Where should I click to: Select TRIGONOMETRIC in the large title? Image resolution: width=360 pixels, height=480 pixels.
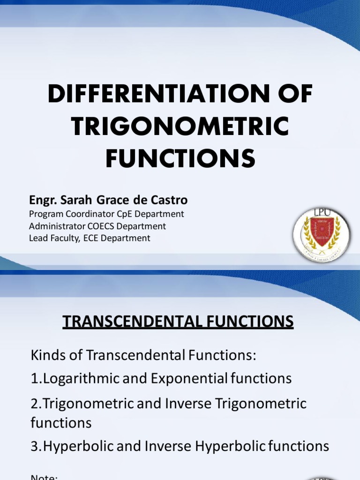pos(180,127)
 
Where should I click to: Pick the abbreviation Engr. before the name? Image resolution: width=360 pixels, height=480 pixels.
pos(42,200)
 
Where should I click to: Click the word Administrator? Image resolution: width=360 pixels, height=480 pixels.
pos(55,226)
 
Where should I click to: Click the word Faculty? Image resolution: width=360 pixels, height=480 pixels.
pos(65,238)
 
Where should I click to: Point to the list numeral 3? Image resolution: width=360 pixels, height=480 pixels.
pos(34,446)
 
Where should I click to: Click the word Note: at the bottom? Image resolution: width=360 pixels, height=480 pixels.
pos(44,477)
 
